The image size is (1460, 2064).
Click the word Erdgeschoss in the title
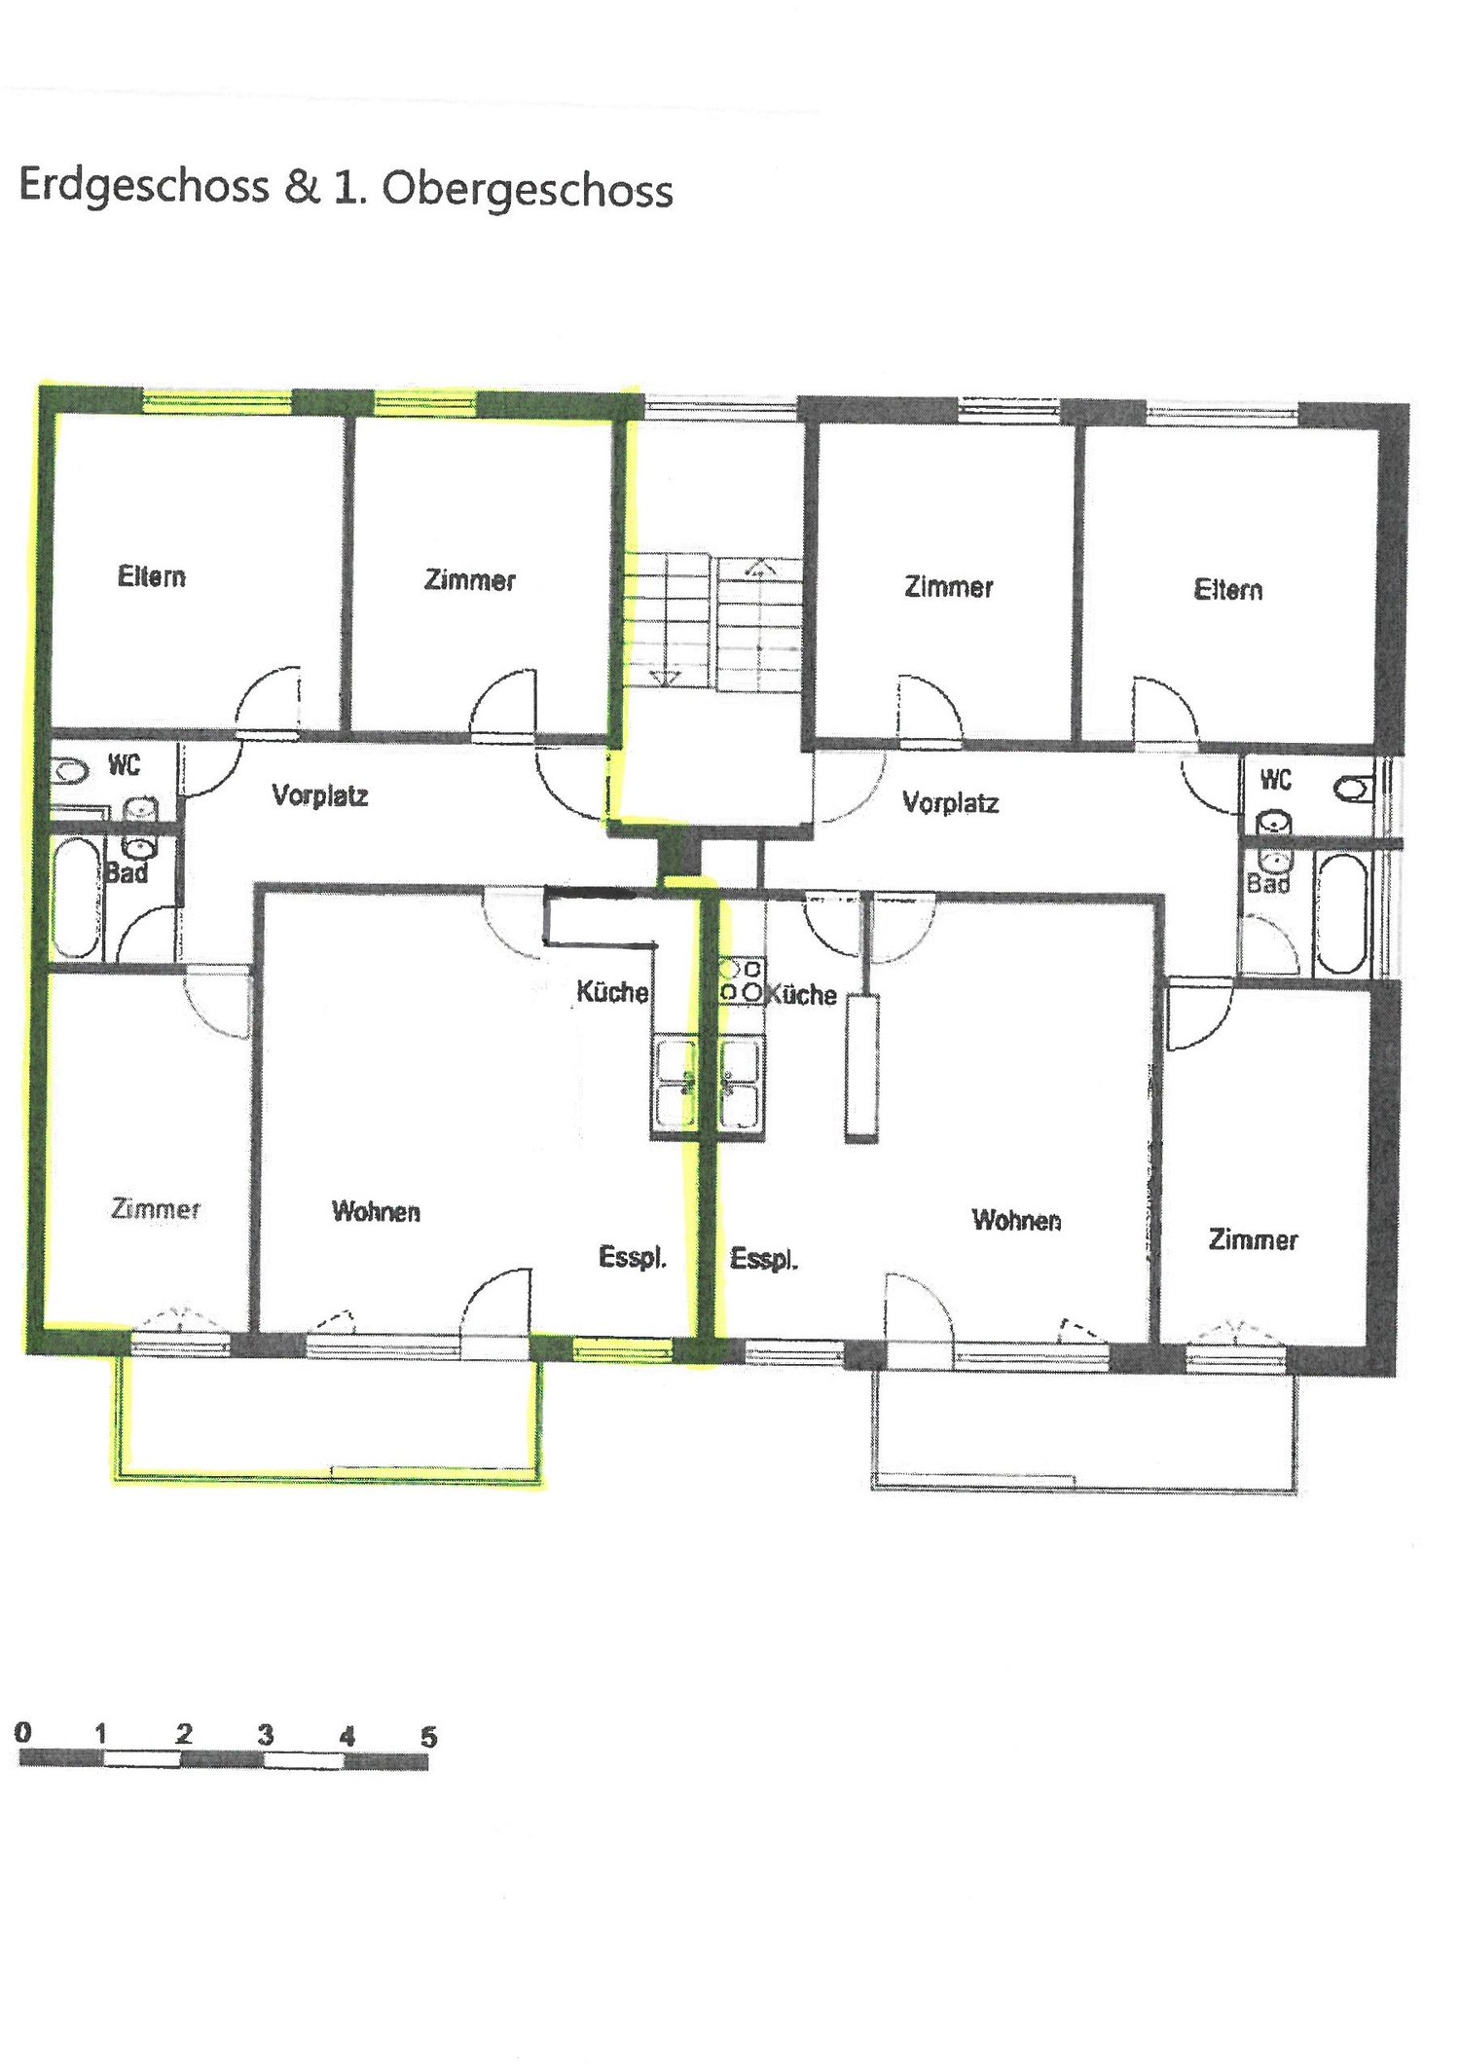click(x=144, y=186)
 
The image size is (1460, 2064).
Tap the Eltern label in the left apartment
click(x=152, y=576)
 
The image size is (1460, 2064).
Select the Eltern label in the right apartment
click(x=1228, y=589)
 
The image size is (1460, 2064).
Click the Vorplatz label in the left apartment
click(x=320, y=795)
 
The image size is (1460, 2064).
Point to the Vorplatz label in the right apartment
click(x=951, y=802)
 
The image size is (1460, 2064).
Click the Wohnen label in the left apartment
click(x=377, y=1211)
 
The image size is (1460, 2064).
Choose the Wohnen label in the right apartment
click(x=1017, y=1220)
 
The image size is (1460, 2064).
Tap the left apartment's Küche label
click(x=612, y=991)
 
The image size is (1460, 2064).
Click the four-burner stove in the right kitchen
click(x=741, y=980)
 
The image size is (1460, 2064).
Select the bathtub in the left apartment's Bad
click(x=75, y=898)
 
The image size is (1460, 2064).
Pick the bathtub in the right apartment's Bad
click(x=1340, y=914)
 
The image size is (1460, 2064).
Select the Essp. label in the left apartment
click(x=633, y=1257)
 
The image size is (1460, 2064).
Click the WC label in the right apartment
click(x=1276, y=779)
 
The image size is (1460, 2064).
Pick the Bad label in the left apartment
click(x=127, y=872)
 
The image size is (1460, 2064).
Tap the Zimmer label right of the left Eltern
click(x=470, y=580)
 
